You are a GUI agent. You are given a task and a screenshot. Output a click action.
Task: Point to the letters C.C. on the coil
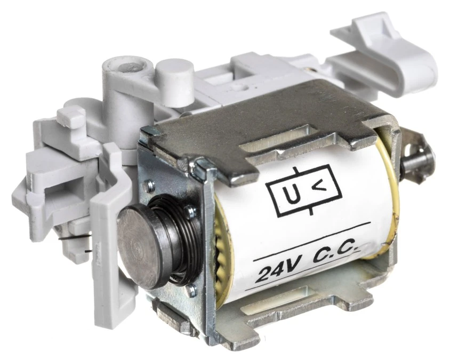tap(336, 253)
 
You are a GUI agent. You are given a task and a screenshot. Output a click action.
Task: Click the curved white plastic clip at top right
tap(384, 54)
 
